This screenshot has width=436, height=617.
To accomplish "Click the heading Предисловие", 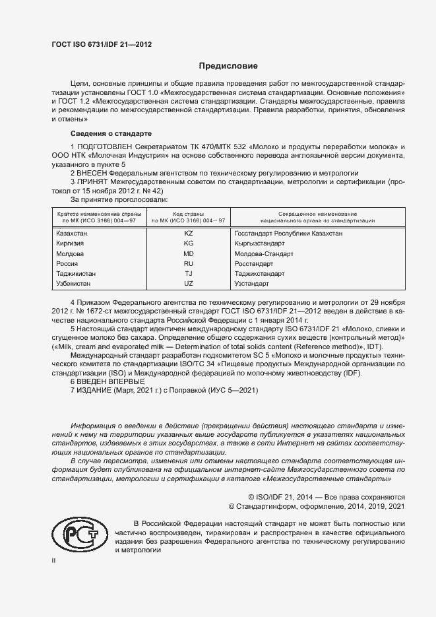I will [229, 66].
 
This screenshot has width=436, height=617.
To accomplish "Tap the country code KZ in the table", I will [188, 234].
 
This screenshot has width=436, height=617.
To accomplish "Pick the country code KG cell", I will [188, 244].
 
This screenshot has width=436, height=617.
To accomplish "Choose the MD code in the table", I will [188, 253].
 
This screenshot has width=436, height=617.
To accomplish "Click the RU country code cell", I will [188, 263].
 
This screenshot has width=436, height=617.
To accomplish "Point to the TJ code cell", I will [188, 273].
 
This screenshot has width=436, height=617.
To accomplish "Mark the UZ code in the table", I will [188, 283].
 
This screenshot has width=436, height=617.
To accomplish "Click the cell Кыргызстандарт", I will [259, 244].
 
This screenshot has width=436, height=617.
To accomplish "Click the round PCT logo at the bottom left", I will [78, 532].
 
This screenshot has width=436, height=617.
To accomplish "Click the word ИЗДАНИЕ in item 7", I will [97, 390].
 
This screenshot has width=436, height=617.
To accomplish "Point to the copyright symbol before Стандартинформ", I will [232, 506].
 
